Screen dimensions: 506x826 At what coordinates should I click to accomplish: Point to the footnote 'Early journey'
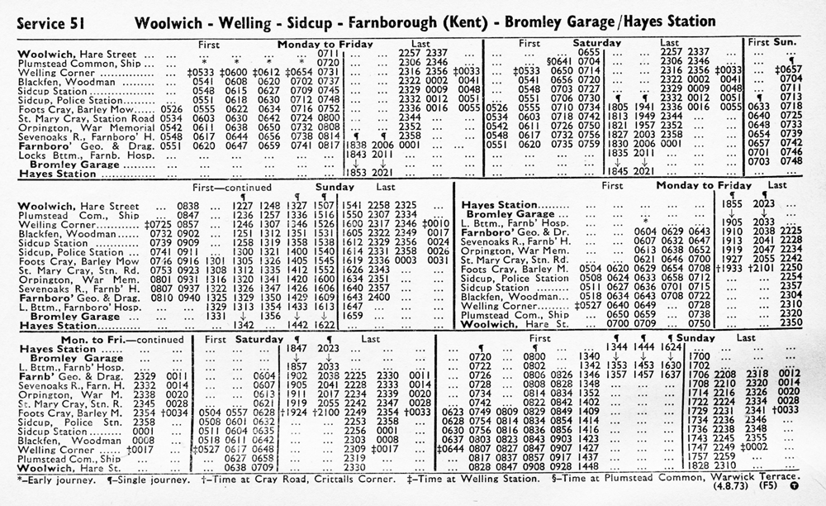click(x=50, y=480)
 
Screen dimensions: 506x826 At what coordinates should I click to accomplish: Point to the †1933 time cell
click(x=726, y=268)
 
